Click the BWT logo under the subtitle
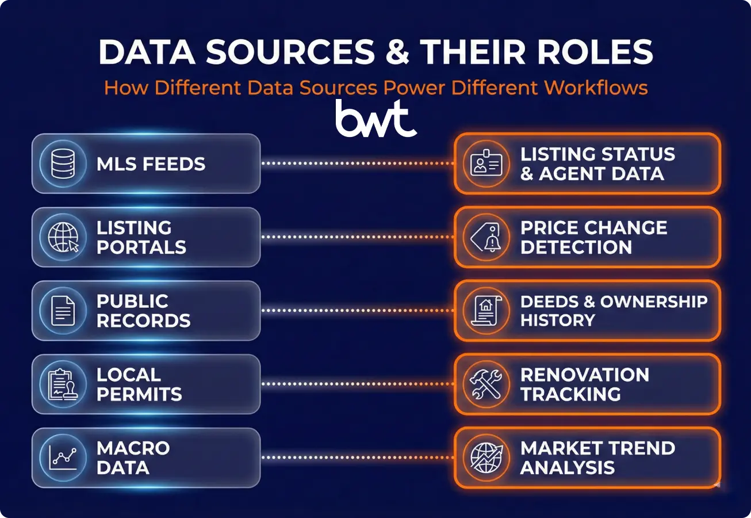click(x=376, y=119)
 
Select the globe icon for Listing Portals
click(x=62, y=237)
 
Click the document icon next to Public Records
click(x=62, y=311)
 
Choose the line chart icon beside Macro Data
click(x=62, y=458)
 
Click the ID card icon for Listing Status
click(x=486, y=163)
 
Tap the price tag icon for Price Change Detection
click(x=486, y=237)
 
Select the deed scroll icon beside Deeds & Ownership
click(x=486, y=311)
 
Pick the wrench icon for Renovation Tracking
click(x=486, y=384)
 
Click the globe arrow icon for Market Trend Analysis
click(x=486, y=458)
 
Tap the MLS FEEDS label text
click(x=151, y=164)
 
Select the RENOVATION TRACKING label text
click(x=584, y=384)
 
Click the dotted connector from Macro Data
click(x=357, y=458)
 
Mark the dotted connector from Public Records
click(x=357, y=311)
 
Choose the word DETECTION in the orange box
click(x=576, y=247)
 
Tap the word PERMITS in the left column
click(x=139, y=394)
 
